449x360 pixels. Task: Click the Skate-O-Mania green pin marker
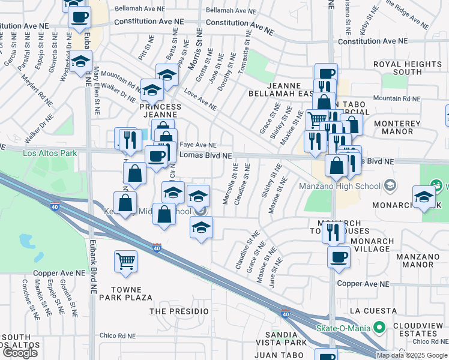379,328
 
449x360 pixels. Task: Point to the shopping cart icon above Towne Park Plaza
126,260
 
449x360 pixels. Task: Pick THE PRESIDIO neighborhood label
179,311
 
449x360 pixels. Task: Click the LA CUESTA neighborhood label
372,311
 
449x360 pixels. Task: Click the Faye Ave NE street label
197,145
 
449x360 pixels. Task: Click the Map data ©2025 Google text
412,355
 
